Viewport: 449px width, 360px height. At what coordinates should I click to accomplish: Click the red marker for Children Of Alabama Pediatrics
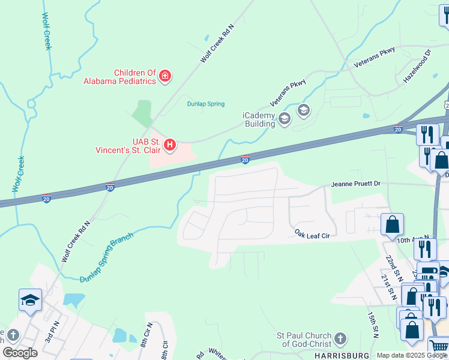pyautogui.click(x=164, y=76)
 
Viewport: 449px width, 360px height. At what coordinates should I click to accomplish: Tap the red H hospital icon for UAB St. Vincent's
pyautogui.click(x=170, y=145)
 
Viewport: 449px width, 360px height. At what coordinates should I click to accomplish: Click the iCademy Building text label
pyautogui.click(x=259, y=119)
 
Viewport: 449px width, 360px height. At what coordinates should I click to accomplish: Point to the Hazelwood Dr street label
pyautogui.click(x=418, y=66)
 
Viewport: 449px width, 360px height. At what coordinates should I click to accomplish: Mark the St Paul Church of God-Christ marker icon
pyautogui.click(x=340, y=339)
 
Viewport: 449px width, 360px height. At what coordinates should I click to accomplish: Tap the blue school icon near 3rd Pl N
pyautogui.click(x=30, y=299)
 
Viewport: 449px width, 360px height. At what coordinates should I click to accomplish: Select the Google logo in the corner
pyautogui.click(x=20, y=352)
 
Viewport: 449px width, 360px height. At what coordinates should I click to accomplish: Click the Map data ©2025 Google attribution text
pyautogui.click(x=412, y=355)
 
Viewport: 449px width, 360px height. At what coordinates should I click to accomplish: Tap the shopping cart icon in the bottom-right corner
pyautogui.click(x=438, y=347)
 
